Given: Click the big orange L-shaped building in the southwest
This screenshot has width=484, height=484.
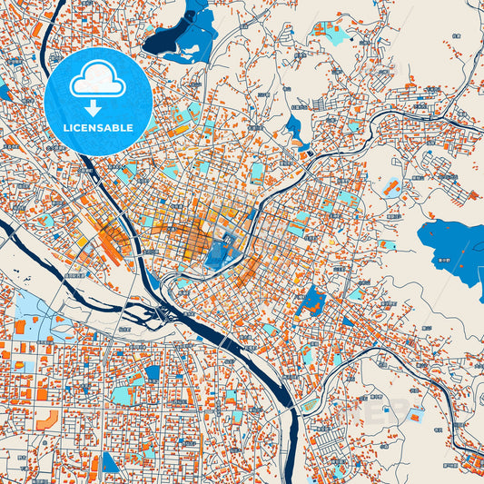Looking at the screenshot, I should [47, 420].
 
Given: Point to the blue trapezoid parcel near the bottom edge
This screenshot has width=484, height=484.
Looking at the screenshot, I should [110, 462].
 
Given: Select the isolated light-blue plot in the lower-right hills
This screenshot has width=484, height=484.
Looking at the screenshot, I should [415, 416].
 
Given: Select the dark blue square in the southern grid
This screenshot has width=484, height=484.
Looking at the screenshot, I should [153, 372].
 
